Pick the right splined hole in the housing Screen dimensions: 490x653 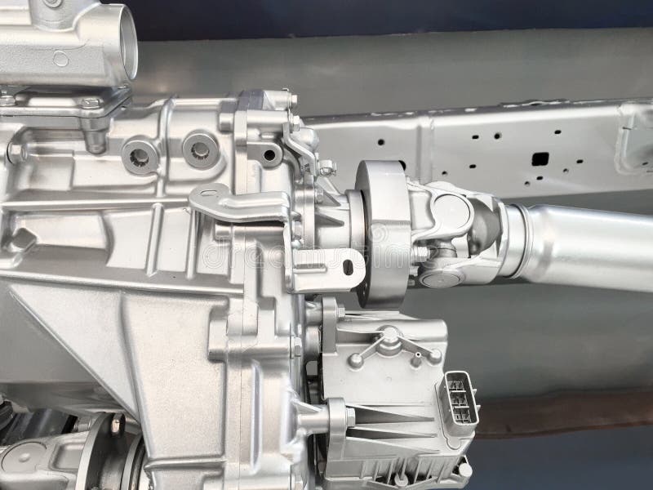pyautogui.click(x=198, y=149)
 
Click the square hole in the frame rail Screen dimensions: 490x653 pyautogui.click(x=539, y=158)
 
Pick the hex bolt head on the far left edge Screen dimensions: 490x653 pyautogui.click(x=14, y=153)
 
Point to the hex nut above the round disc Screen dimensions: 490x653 pyautogui.click(x=327, y=169)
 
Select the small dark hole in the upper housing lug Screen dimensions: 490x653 pyautogui.click(x=262, y=152)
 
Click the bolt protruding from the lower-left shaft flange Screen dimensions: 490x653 pyautogui.click(x=116, y=422)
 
